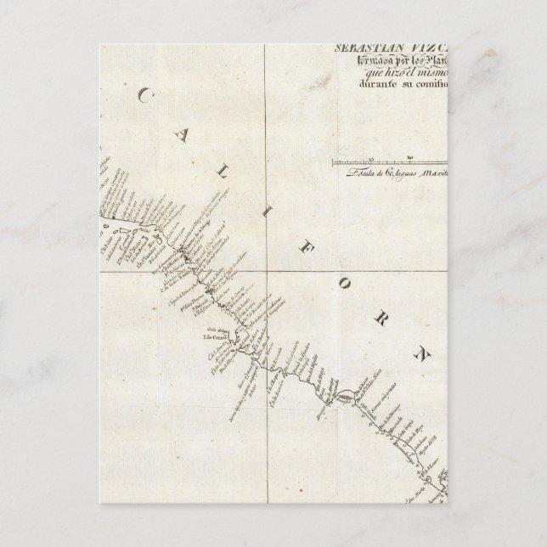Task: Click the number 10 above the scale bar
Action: pyautogui.click(x=371, y=156)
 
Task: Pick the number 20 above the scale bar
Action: pyautogui.click(x=410, y=156)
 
